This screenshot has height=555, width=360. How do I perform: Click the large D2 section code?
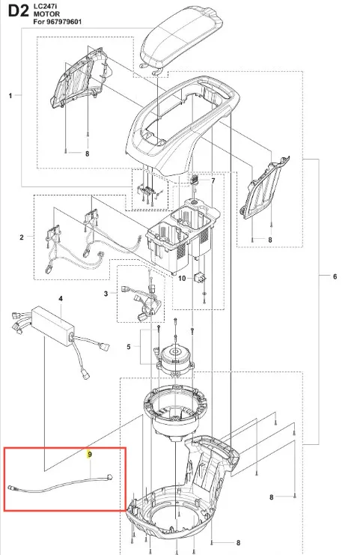tap(18, 11)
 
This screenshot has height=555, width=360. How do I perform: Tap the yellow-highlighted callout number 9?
tap(90, 455)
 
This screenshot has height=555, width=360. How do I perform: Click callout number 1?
tap(10, 96)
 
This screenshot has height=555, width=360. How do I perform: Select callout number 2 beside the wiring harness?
tap(22, 237)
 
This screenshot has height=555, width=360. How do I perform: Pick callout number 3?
tap(106, 294)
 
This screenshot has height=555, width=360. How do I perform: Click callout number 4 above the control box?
tap(61, 299)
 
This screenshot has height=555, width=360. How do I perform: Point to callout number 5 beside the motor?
tap(129, 347)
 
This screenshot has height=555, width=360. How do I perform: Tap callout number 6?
tap(335, 276)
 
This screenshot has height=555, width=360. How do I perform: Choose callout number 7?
tap(213, 181)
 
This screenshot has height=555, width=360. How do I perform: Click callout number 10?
tap(182, 278)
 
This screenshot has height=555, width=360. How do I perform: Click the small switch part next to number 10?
tap(201, 277)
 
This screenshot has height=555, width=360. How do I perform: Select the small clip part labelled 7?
tap(195, 179)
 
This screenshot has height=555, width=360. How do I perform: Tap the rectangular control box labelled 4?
tap(53, 326)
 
